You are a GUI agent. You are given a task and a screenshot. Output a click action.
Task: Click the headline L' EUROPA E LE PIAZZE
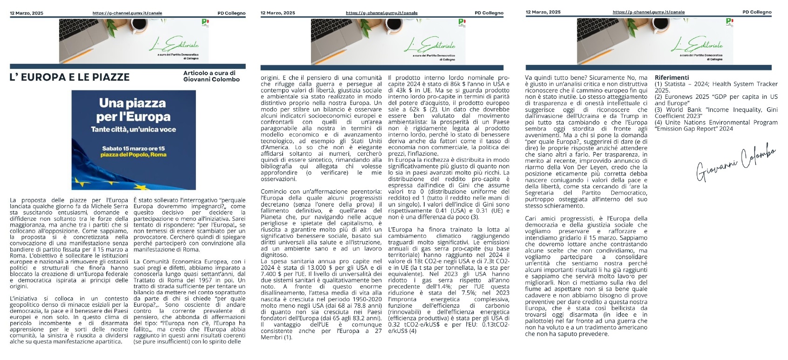(69, 77)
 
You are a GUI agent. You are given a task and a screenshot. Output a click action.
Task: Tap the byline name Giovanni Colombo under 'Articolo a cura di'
(211, 80)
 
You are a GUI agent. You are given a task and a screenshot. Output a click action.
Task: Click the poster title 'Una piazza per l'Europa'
(133, 110)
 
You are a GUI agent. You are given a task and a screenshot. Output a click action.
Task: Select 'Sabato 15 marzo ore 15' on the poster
(133, 149)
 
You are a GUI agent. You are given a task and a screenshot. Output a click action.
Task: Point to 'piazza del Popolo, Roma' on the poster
(133, 154)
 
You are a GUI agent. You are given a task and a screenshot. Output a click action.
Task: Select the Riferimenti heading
(671, 77)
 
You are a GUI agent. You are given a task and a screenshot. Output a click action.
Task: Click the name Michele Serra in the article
(104, 206)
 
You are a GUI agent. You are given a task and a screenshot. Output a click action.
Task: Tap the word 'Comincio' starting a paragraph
(274, 192)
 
